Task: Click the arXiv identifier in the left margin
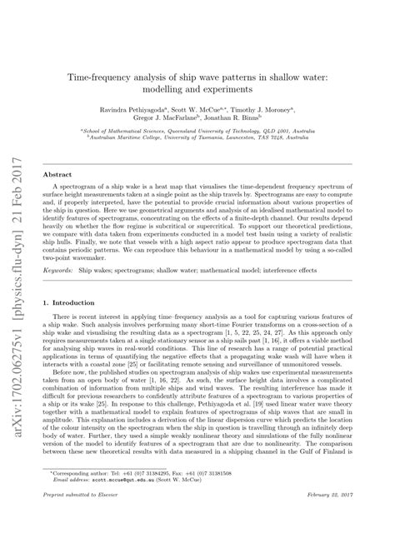25,283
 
